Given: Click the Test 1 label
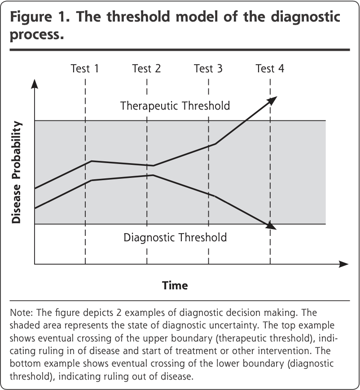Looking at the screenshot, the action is [x=85, y=68].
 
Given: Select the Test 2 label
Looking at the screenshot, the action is [x=146, y=68].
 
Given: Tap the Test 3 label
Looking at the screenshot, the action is [x=208, y=68].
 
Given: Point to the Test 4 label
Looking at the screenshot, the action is [x=270, y=68].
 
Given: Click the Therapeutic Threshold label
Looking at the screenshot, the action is [x=175, y=106].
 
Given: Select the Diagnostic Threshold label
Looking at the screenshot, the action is [x=175, y=238].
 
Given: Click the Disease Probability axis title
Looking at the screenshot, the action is [x=17, y=172].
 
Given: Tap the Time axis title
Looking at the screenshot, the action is [x=175, y=285].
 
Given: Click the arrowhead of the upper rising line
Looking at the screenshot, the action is [x=272, y=100].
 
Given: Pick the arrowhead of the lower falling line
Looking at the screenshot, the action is [x=271, y=226].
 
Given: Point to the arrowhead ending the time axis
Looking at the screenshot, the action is [x=344, y=264].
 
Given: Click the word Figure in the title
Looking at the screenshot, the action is [x=31, y=17].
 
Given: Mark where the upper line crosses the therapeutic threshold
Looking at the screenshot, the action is [x=246, y=120].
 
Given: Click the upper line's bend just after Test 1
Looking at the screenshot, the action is [x=92, y=161].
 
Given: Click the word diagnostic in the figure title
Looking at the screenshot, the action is [x=305, y=18].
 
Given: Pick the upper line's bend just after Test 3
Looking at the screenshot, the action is [x=215, y=144].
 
